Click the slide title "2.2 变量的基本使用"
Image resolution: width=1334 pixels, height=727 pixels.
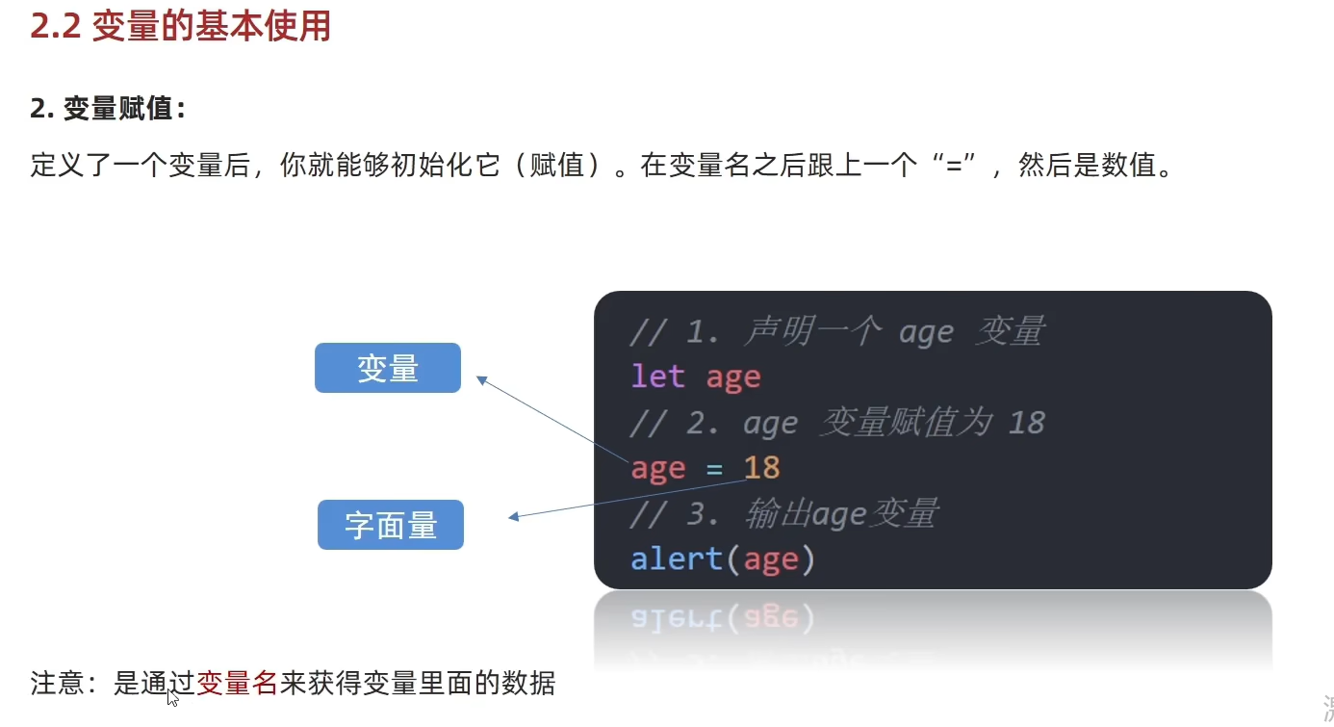(180, 26)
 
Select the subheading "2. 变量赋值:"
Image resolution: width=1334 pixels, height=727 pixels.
(108, 109)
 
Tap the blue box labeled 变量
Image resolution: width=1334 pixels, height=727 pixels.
(388, 368)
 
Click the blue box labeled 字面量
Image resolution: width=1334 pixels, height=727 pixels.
(391, 525)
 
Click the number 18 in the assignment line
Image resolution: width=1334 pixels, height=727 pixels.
(762, 468)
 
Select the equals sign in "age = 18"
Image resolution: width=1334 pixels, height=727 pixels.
(714, 469)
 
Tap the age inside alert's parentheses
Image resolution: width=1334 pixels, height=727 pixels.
(771, 559)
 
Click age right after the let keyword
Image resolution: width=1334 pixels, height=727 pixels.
(733, 376)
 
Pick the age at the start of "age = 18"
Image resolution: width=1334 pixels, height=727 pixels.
(658, 469)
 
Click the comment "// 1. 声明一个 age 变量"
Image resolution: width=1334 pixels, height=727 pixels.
(836, 332)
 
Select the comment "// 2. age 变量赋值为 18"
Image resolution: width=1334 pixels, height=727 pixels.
(836, 423)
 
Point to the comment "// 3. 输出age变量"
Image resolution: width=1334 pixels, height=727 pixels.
(783, 514)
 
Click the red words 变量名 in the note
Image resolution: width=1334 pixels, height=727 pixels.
(237, 684)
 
